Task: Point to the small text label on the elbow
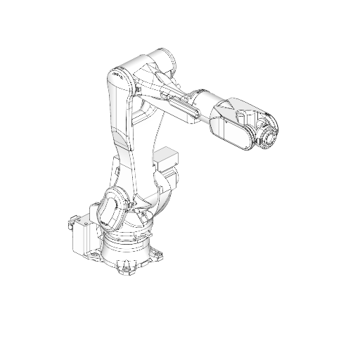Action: click(117, 72)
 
